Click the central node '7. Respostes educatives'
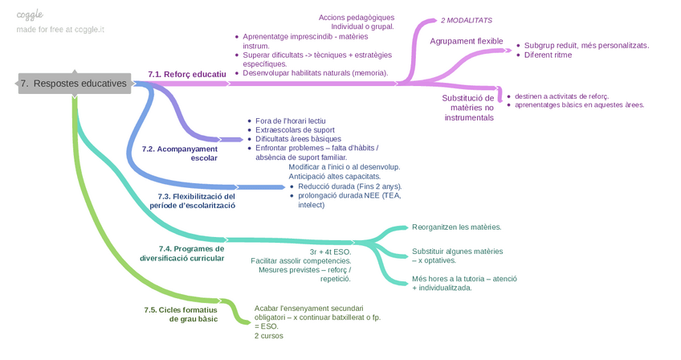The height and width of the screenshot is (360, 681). click(x=74, y=84)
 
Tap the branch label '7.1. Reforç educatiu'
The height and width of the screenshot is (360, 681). click(x=187, y=74)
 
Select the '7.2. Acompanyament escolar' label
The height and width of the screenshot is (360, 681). click(x=179, y=153)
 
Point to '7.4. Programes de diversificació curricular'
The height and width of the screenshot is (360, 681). click(x=181, y=253)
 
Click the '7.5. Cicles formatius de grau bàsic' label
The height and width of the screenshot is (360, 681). click(x=180, y=314)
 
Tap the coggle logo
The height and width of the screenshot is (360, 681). click(x=30, y=14)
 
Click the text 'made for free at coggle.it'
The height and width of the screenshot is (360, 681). click(x=60, y=30)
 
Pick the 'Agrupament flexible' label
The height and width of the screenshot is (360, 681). click(x=467, y=41)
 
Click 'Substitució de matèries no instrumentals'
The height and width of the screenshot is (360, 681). click(x=467, y=108)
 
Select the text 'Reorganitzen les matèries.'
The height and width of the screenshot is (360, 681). click(x=456, y=227)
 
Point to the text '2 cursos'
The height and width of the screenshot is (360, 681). click(x=268, y=336)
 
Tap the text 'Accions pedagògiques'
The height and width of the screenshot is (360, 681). click(x=356, y=18)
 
